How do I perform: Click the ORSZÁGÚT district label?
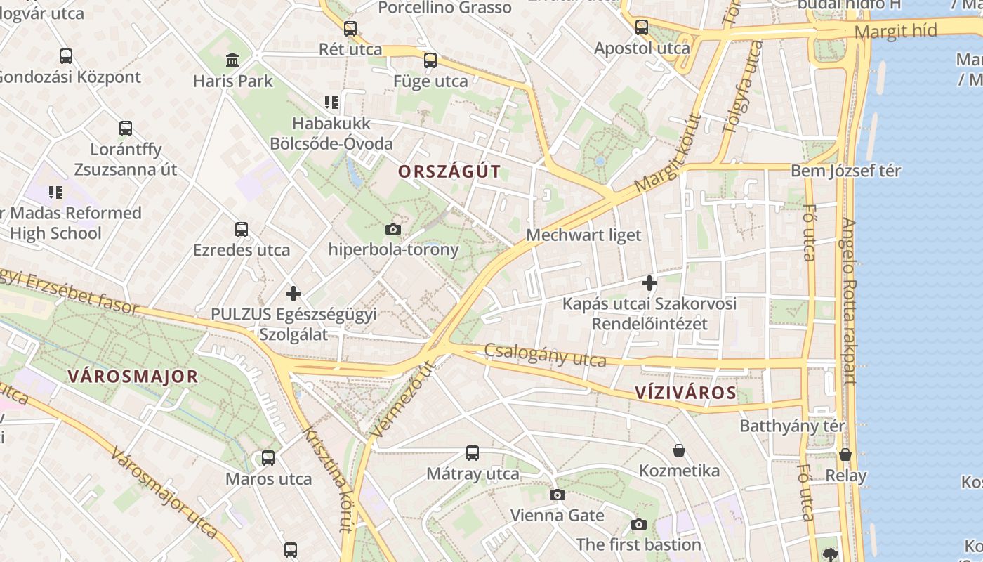pos(449,171)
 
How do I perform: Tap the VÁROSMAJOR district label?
pos(133,377)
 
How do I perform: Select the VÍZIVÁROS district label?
pos(685,393)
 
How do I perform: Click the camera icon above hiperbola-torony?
pos(393,229)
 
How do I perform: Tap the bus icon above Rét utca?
pos(350,29)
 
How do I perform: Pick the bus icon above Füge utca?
pos(430,60)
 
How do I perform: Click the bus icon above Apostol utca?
pos(642,27)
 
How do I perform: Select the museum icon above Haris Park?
pos(232,60)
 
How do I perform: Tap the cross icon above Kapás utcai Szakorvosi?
pos(649,283)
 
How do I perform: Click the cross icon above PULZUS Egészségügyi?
pos(293,293)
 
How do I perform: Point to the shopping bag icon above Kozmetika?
pos(678,450)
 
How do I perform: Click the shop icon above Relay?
pos(845,455)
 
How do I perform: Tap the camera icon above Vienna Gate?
pos(557,495)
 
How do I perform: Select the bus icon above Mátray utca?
pos(473,453)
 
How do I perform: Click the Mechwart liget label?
pos(583,235)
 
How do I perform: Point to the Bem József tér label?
pos(845,171)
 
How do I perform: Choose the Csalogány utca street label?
pos(545,355)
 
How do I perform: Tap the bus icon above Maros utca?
pos(268,458)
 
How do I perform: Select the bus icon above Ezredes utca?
pos(242,230)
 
